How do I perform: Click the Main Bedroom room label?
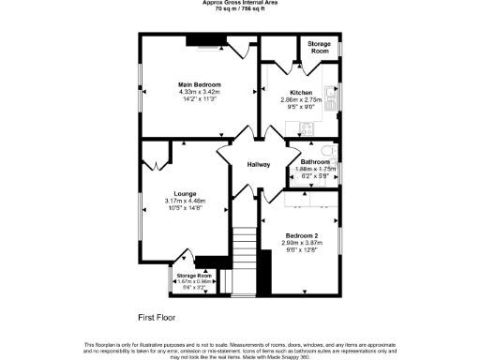[198, 84]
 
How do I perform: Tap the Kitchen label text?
[301, 92]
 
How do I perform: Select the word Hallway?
[259, 165]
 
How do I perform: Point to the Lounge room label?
[185, 193]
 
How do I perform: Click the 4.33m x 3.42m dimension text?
[198, 91]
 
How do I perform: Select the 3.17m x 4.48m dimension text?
[185, 201]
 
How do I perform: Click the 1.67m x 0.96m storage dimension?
[194, 280]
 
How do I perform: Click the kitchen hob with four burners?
[306, 129]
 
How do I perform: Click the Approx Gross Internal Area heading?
[239, 3]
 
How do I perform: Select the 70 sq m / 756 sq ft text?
[239, 9]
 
